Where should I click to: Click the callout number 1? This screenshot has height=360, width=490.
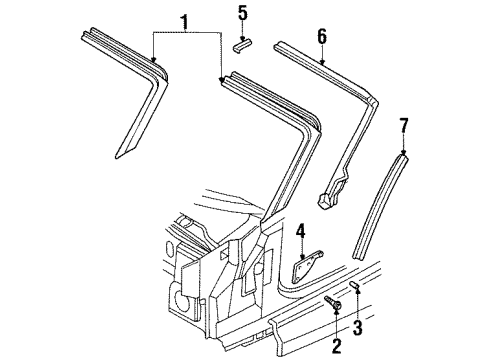click(182, 20)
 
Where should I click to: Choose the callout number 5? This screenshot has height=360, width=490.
click(242, 13)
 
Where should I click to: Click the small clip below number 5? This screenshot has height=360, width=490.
click(241, 43)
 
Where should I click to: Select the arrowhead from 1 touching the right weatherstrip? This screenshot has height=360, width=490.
click(222, 78)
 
